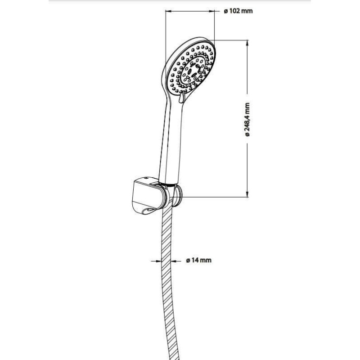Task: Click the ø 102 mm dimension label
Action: coord(238,11)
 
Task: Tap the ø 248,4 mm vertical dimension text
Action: coord(247,119)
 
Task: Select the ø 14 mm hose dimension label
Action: coord(198,260)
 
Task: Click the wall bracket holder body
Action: coord(149,196)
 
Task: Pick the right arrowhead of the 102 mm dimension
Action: coord(211,11)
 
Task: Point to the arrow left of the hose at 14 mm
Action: coord(157,261)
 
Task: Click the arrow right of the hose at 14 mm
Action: coord(176,261)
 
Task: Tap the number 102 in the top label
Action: coord(234,11)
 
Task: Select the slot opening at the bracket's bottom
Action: coord(149,211)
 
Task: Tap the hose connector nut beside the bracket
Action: coord(177,196)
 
